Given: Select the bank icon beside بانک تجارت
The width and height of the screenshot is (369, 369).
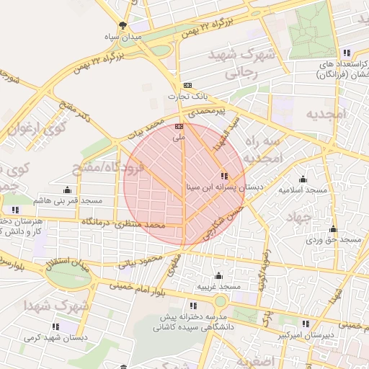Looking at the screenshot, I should tap(188, 85).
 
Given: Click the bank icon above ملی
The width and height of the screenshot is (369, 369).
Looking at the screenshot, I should tap(179, 126).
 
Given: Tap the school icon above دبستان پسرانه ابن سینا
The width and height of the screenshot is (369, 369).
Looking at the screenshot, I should tap(224, 176).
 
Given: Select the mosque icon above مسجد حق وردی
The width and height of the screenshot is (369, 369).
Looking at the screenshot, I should tap(332, 229).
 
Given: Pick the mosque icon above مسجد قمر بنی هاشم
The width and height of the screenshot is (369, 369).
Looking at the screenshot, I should tap(68, 190).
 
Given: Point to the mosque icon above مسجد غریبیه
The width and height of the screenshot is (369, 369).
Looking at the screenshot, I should tap(218, 276).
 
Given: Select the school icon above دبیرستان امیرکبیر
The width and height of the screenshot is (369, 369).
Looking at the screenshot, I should tap(305, 324).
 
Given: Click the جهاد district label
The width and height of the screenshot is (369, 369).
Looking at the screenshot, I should tap(318, 216).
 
